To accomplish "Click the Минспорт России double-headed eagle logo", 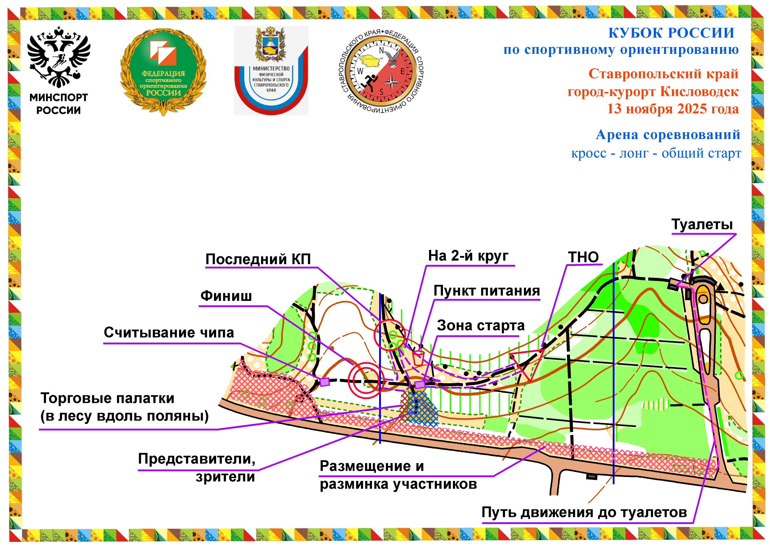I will (x=58, y=59).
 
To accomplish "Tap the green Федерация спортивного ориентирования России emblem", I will (x=163, y=71).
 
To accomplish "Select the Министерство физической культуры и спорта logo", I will (x=271, y=71).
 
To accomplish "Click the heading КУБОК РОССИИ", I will (x=671, y=33).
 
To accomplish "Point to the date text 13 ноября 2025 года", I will (x=673, y=109).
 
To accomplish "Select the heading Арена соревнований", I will (x=668, y=135).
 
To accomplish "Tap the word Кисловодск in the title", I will (x=699, y=92).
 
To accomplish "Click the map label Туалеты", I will (x=702, y=225).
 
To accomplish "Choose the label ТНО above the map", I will (x=583, y=257).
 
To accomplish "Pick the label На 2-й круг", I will (x=468, y=256).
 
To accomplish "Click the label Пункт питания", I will (x=486, y=291).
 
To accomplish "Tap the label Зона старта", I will (x=480, y=325).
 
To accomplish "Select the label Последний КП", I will (x=258, y=259).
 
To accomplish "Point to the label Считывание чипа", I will (x=169, y=333).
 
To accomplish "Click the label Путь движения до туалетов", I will (x=584, y=512).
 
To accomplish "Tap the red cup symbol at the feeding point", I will (x=418, y=358).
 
